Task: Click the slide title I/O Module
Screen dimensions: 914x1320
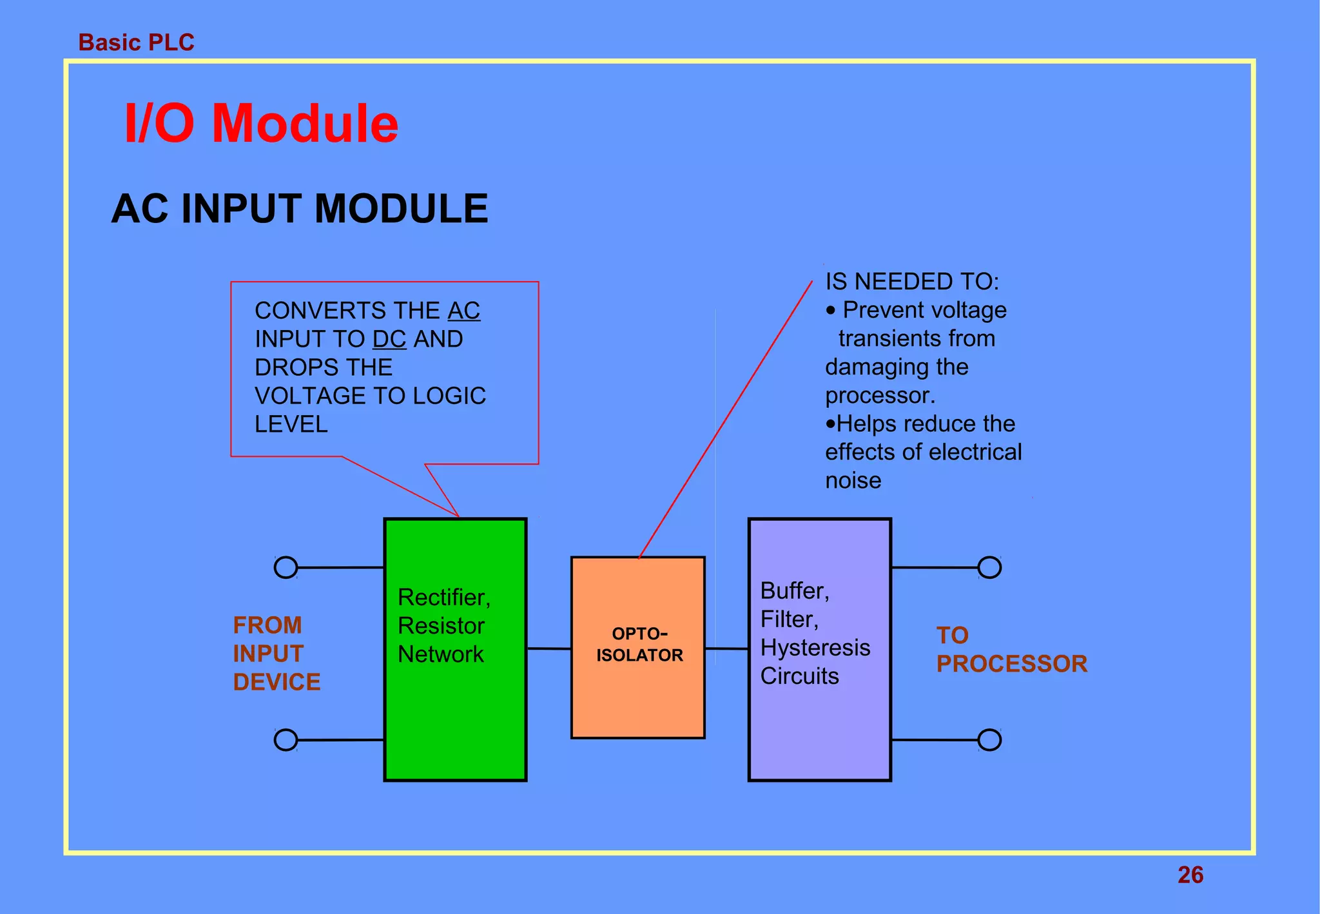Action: [261, 124]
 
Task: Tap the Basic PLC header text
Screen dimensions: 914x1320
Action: [136, 43]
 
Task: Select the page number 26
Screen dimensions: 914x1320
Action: [1190, 875]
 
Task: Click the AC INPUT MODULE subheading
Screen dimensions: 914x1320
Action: [300, 209]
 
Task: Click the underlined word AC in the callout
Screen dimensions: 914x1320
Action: [464, 311]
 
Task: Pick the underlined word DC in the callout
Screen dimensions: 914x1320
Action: [389, 339]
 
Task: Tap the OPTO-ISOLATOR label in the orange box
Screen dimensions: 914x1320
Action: [639, 645]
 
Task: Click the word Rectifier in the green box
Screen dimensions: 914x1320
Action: [442, 598]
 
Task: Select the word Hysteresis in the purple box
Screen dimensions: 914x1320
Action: [815, 648]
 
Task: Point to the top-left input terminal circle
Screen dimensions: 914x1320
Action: [286, 568]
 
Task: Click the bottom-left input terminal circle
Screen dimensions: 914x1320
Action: [286, 740]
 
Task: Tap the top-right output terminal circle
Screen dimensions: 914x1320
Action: [989, 568]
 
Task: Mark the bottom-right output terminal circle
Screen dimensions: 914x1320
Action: [989, 740]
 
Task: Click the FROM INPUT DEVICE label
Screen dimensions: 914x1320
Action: [277, 654]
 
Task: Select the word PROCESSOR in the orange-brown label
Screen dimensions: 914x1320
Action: [1012, 664]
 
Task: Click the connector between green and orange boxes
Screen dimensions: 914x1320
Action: [549, 648]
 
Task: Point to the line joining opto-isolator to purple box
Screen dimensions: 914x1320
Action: [727, 648]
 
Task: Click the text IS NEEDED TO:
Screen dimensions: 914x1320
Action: [912, 282]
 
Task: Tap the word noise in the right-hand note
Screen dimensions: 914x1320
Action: [853, 481]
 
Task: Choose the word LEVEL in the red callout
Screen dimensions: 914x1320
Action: [291, 424]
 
